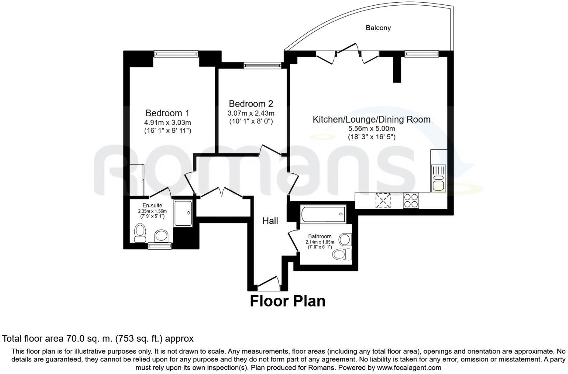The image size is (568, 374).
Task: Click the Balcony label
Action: point(378,28)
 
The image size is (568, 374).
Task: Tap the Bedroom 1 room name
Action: point(167,113)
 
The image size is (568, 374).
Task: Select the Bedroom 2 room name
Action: point(251,103)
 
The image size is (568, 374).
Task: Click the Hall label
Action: point(270,221)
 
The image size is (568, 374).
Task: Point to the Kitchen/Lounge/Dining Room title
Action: point(371,119)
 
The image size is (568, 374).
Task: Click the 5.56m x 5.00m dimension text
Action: point(372,128)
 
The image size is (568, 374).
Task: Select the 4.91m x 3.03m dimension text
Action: point(167,122)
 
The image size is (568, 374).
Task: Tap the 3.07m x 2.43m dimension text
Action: point(251,113)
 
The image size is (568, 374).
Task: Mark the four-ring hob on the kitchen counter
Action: point(411,201)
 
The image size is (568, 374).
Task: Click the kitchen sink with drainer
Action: point(439,179)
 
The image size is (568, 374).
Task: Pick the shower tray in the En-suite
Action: point(183,213)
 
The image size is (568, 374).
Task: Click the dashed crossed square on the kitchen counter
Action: point(383,201)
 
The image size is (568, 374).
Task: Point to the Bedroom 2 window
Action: point(262,66)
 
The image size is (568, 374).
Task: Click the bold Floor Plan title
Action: point(288,301)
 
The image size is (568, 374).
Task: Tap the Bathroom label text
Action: point(320,236)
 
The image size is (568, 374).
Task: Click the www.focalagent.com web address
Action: point(409,367)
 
